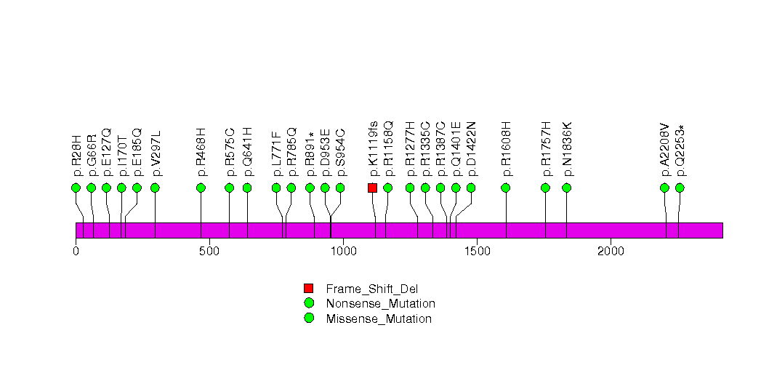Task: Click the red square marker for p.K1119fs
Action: coord(372,188)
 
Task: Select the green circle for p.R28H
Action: coord(76,188)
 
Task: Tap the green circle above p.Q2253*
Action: coord(680,188)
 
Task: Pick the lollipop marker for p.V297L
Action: coord(155,188)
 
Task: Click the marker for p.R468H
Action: coord(201,188)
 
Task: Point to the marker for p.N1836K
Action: coord(567,188)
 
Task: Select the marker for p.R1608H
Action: coord(506,188)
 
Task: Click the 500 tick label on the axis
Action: coord(209,251)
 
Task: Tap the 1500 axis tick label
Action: coord(477,251)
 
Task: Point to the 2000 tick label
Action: coord(611,251)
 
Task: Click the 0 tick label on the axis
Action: coord(76,251)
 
